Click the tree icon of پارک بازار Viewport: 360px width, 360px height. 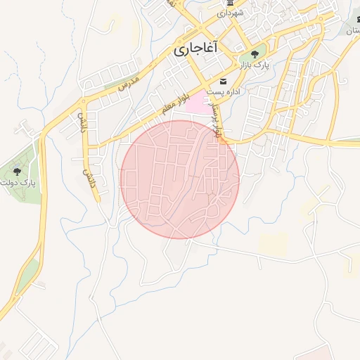coord(255,53)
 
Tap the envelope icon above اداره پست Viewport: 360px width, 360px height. coord(224,82)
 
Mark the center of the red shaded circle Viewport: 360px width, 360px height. coord(180,179)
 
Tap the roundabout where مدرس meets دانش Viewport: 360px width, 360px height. coord(86,92)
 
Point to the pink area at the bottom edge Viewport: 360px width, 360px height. coord(323,353)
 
